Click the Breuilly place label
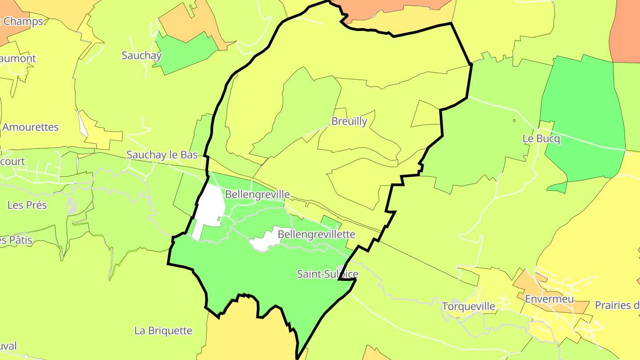tap(349, 121)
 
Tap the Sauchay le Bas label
tap(162, 155)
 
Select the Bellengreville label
tap(257, 194)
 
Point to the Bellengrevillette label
tap(316, 234)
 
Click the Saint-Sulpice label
tap(327, 274)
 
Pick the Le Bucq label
tap(541, 139)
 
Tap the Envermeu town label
tap(549, 299)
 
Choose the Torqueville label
tap(468, 306)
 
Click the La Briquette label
tap(163, 331)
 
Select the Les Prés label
tap(27, 205)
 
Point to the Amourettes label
tap(30, 127)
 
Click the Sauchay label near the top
tap(142, 56)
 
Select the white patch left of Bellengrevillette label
tap(265, 241)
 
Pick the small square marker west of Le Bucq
tap(514, 120)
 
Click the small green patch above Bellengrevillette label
tap(330, 221)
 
